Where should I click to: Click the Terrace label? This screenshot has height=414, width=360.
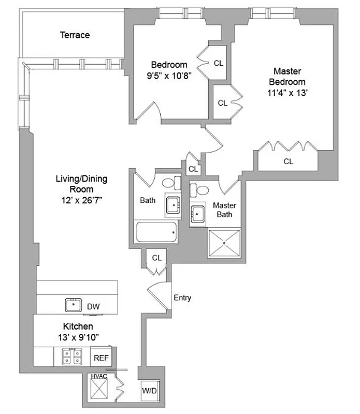tap(75, 35)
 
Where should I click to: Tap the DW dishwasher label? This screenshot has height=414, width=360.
tap(93, 307)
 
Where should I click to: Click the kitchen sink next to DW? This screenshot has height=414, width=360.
tap(74, 305)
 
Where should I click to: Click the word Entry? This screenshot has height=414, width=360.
tap(182, 298)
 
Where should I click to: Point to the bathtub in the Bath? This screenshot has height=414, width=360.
tap(156, 232)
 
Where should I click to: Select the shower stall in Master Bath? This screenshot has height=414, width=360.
tap(224, 240)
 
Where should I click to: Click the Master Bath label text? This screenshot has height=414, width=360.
tap(224, 210)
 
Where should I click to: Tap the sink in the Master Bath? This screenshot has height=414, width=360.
tap(197, 213)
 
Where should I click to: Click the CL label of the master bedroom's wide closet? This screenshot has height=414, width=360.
tap(289, 161)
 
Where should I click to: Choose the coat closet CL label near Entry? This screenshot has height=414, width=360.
tap(156, 257)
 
